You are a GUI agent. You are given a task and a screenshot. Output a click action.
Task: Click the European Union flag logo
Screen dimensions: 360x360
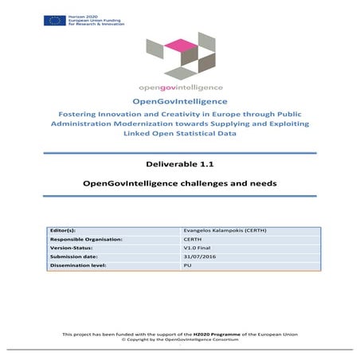[x=55, y=19]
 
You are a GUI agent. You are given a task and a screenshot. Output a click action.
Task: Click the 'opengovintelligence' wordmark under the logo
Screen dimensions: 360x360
[x=179, y=86]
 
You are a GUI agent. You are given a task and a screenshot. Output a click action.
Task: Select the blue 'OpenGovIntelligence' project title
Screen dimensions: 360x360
[x=180, y=101]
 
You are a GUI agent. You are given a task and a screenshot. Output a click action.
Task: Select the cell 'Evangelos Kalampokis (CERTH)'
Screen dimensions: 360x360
[x=219, y=230]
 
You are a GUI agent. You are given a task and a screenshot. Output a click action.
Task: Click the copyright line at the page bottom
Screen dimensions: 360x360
[x=180, y=339]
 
